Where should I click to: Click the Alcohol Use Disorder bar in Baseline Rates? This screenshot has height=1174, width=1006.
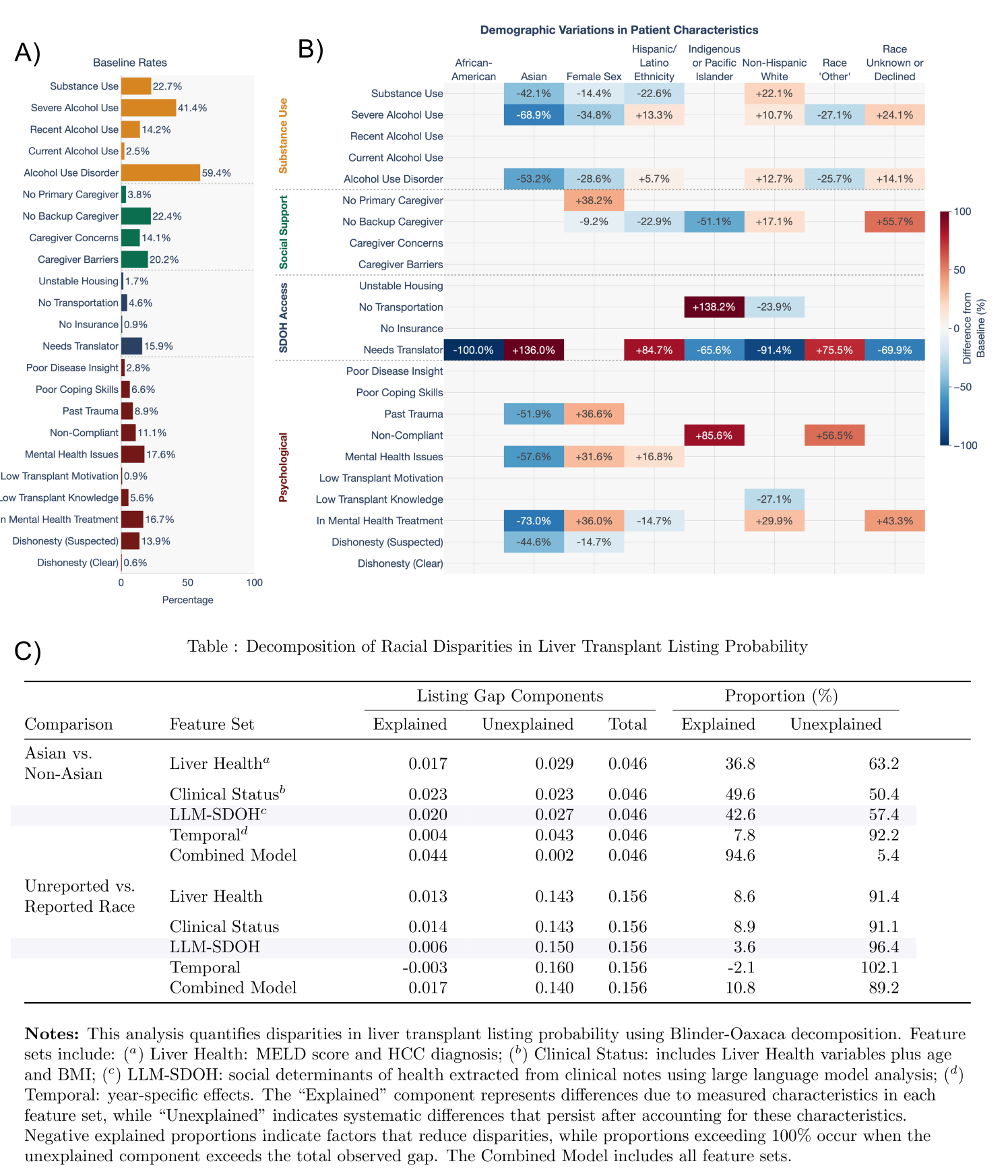pos(160,173)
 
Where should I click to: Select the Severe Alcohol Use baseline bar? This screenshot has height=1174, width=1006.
pos(148,108)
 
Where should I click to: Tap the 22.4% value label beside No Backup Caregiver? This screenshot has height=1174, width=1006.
pos(167,216)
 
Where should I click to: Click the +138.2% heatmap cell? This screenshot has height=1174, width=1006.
pos(714,307)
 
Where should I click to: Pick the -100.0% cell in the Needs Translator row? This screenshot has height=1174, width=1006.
pos(474,350)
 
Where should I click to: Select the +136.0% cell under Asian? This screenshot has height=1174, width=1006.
pos(534,350)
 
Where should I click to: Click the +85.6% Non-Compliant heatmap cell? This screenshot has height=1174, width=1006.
pos(714,435)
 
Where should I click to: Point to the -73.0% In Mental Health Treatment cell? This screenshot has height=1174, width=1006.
pos(534,521)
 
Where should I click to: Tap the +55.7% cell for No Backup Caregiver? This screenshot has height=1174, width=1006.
pos(894,222)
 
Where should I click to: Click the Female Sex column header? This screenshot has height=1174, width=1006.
pos(594,77)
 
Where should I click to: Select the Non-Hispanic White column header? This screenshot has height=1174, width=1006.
pos(774,70)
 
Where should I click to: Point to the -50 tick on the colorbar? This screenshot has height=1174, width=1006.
pos(963,388)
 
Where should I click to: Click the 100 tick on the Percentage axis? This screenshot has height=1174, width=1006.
pos(254,583)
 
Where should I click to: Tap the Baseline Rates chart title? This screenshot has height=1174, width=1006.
pos(130,63)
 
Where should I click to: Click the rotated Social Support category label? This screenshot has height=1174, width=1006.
pos(284,233)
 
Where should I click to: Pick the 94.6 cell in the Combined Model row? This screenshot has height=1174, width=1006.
pos(740,855)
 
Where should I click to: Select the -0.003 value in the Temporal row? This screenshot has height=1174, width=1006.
pos(425,968)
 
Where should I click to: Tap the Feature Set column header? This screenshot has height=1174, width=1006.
pos(212,724)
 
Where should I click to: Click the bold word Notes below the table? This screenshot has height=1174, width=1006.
pos(52,1034)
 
